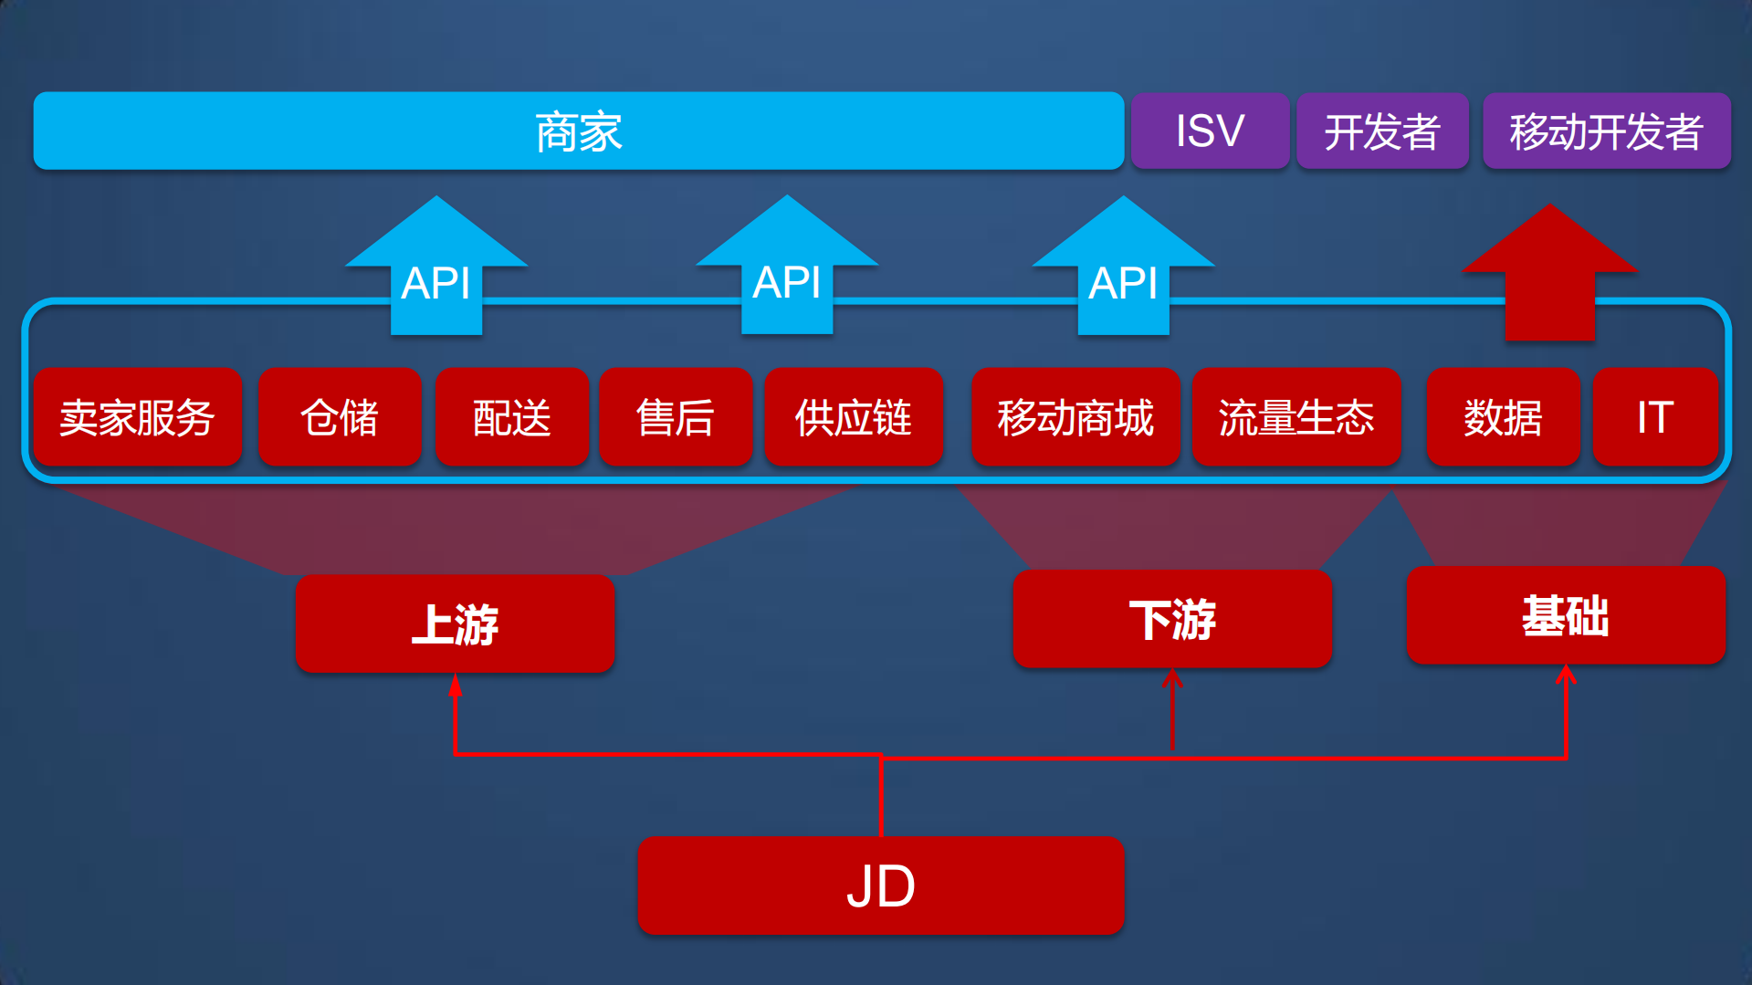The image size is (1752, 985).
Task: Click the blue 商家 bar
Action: [578, 131]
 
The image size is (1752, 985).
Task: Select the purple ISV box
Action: [1210, 131]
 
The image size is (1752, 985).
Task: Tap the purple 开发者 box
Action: [1382, 131]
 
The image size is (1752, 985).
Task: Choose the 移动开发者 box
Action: [1606, 131]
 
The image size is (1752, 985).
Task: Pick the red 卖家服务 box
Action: [138, 417]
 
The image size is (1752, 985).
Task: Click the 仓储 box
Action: [340, 417]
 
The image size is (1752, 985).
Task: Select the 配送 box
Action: [512, 417]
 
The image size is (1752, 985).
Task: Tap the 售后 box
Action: [676, 417]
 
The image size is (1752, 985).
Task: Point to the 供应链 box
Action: [854, 417]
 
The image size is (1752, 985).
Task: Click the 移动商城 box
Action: [1075, 417]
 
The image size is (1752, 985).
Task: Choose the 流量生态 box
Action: [1296, 417]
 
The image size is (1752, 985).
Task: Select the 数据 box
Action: [1503, 417]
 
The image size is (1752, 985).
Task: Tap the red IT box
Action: [1655, 417]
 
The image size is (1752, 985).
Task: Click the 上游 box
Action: [455, 623]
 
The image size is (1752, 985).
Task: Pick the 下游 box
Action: [1172, 619]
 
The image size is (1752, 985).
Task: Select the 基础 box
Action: [1566, 615]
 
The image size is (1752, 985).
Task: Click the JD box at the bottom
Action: [881, 885]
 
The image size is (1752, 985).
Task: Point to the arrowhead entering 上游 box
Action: [455, 685]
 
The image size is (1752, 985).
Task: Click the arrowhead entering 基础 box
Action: [1566, 675]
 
